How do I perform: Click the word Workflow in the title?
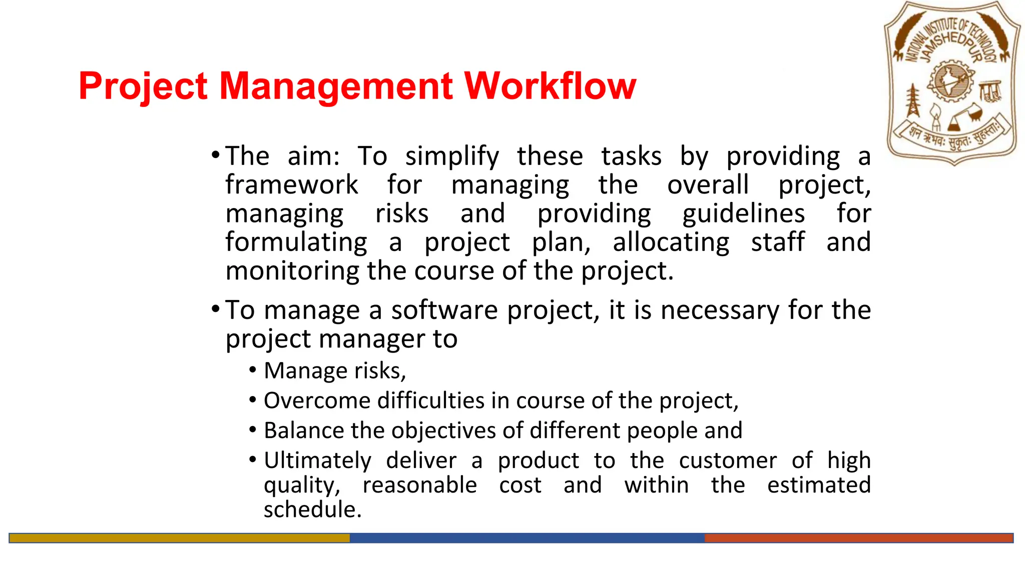(550, 86)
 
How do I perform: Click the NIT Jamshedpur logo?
(952, 82)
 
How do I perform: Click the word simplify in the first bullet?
(452, 156)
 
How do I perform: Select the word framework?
(291, 185)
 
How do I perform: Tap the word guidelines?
(743, 214)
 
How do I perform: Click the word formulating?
(296, 242)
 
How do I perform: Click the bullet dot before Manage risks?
(253, 370)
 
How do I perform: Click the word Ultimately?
(317, 460)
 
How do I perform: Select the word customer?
(727, 460)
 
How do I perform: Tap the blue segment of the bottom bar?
(527, 538)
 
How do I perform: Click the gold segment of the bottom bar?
(179, 538)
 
